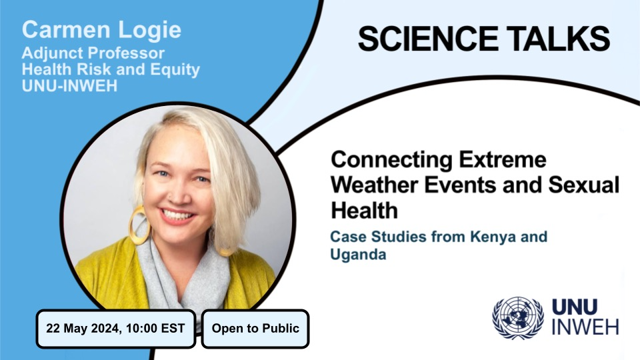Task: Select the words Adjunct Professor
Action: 93,53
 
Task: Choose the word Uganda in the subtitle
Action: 358,255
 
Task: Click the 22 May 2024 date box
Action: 115,328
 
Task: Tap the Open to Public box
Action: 255,328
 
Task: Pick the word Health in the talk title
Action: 364,211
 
